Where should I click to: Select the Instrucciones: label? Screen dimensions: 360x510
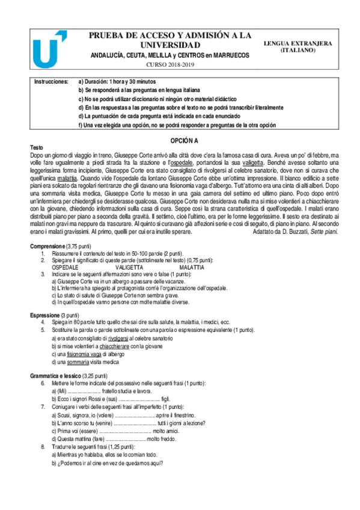[51, 81]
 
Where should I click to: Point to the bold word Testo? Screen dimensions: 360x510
[37, 147]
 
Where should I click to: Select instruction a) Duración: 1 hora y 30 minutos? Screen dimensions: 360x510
[117, 81]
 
